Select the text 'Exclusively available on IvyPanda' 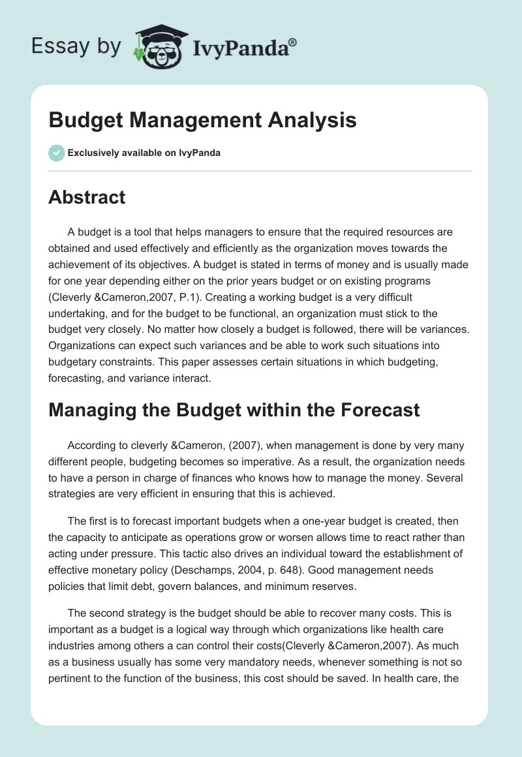click(x=144, y=153)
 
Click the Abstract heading click(x=87, y=198)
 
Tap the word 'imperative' click(x=273, y=462)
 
